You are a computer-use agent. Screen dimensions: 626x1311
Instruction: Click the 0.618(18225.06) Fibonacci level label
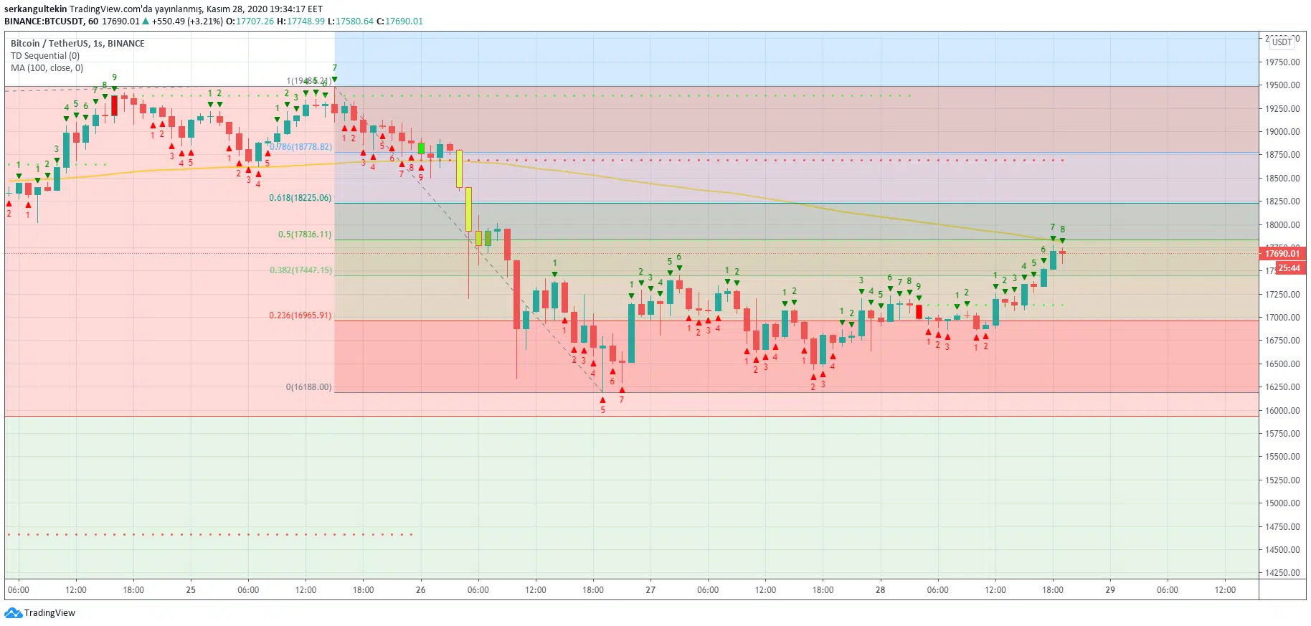click(x=300, y=198)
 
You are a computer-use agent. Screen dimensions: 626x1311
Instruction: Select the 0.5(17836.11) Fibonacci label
click(x=305, y=234)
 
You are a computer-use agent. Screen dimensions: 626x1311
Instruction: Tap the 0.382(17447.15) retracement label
click(x=300, y=270)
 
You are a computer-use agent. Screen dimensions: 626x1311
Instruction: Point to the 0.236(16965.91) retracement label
click(x=300, y=316)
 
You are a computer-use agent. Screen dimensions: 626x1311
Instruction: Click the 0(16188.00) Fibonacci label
click(x=308, y=387)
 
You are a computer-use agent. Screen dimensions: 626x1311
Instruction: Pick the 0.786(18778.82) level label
click(x=301, y=147)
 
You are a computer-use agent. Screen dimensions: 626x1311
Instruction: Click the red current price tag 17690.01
click(x=1282, y=253)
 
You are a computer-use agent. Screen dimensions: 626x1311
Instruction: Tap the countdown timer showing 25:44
click(x=1289, y=268)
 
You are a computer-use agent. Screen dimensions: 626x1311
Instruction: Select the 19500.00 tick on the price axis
click(x=1282, y=85)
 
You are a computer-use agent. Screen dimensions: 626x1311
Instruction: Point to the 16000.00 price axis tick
click(x=1282, y=411)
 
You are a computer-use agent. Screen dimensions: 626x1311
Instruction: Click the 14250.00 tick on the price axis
click(x=1282, y=573)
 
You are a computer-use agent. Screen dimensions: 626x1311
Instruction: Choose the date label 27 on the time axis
click(x=650, y=590)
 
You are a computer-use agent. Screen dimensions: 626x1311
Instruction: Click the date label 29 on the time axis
click(x=1110, y=590)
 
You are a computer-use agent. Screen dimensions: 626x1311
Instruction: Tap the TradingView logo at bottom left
click(x=40, y=613)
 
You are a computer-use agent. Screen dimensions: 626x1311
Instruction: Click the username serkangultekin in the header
click(x=36, y=9)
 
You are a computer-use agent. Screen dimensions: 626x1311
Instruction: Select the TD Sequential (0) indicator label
click(x=45, y=56)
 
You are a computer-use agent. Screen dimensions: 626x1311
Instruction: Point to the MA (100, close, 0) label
click(x=47, y=68)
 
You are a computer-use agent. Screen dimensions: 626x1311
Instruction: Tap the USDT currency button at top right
click(x=1282, y=42)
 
